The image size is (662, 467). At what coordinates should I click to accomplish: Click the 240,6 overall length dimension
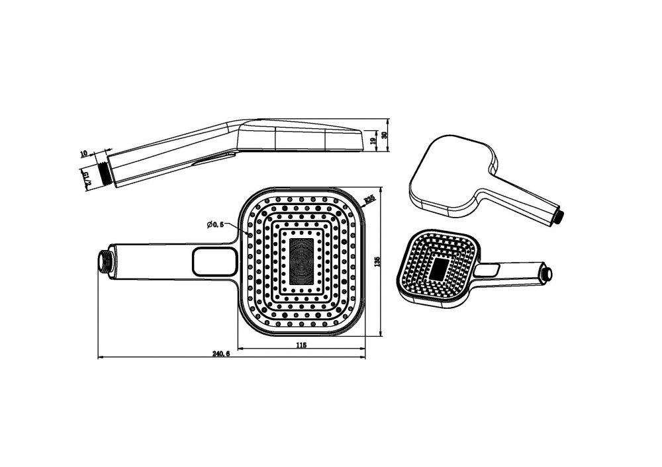coord(221,354)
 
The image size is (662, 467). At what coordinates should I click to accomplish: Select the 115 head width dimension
coord(301,345)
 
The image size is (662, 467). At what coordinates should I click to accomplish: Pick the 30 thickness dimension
coord(385,135)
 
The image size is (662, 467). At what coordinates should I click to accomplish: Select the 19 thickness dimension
coord(373,140)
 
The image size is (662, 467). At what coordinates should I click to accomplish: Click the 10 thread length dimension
coord(84,153)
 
